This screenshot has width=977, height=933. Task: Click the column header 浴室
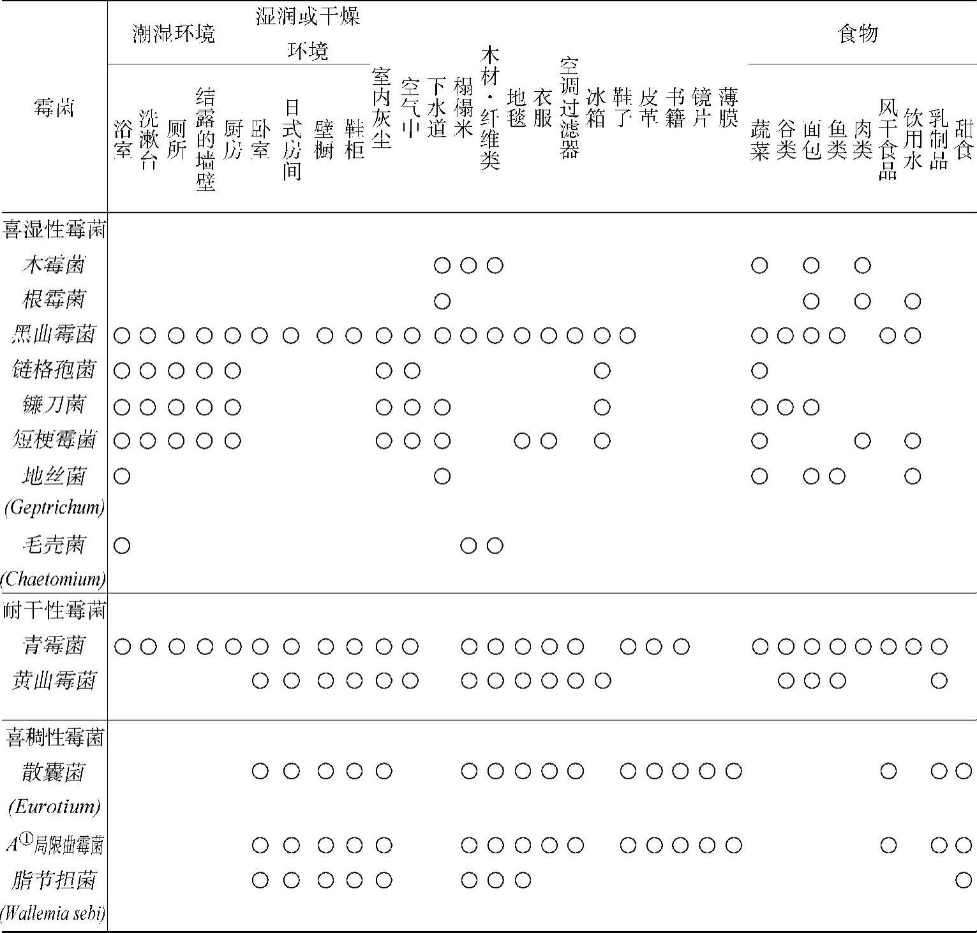(122, 139)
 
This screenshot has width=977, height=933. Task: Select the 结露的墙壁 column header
(205, 139)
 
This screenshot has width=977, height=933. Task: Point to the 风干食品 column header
(888, 139)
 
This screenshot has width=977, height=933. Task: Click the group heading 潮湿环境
(174, 33)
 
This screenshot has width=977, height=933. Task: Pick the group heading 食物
(858, 33)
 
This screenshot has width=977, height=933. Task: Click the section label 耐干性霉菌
(54, 611)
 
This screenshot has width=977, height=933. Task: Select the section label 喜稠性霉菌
(54, 738)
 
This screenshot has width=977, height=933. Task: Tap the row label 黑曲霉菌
(54, 335)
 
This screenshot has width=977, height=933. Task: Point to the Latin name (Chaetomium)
(54, 579)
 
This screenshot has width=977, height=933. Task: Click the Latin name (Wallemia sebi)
(54, 914)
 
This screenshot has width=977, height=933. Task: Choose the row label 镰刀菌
(54, 405)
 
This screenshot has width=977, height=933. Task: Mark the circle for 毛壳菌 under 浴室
(122, 545)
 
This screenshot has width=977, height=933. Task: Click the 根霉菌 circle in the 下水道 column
(442, 300)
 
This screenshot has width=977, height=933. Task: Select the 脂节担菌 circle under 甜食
(964, 881)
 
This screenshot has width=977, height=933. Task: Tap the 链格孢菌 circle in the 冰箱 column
(602, 371)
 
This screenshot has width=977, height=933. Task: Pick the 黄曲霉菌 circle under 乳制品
(939, 681)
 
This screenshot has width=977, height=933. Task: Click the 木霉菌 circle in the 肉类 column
(862, 265)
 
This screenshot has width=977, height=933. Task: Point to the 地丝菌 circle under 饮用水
(913, 476)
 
